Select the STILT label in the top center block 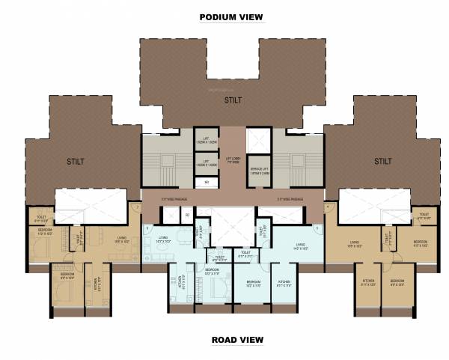[231, 99]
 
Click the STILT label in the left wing [75, 161]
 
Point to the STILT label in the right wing [383, 161]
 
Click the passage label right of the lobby [290, 199]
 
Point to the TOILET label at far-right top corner [424, 216]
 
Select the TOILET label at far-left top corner [41, 219]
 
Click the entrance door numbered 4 [328, 207]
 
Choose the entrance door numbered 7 [137, 207]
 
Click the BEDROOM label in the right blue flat [253, 284]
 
